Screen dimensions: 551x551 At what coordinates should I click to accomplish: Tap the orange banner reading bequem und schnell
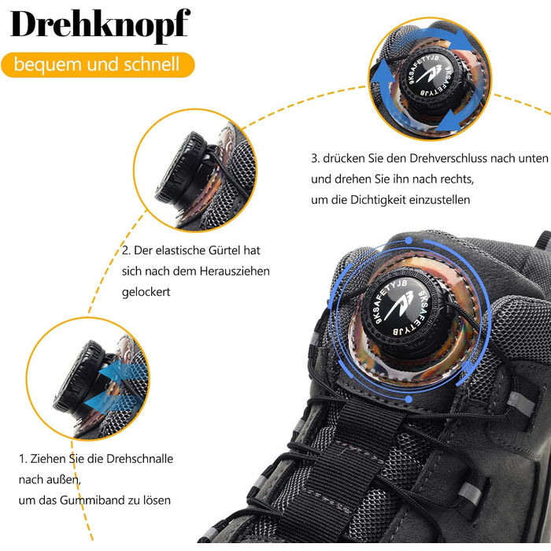98,65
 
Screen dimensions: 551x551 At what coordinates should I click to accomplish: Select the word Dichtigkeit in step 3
378,200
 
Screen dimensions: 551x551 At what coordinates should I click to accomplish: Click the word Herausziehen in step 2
235,272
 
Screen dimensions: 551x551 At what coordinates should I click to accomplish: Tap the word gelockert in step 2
146,292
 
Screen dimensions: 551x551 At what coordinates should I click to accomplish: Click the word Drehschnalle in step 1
139,459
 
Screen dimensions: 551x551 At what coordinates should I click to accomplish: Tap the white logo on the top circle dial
431,74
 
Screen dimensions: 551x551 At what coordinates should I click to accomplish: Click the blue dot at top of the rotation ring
409,240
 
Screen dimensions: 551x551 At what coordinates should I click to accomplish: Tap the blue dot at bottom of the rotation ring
409,399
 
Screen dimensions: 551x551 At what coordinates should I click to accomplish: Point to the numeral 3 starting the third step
315,159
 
